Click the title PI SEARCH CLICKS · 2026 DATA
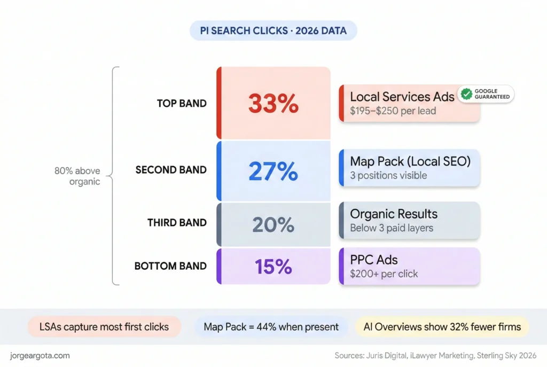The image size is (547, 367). point(273,30)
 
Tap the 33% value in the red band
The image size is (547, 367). point(273,104)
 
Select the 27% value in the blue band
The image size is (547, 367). point(273,171)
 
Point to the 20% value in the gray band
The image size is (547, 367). point(273,224)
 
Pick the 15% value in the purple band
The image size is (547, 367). point(273,267)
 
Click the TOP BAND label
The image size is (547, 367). point(182,104)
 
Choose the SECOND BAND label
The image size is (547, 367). point(171,170)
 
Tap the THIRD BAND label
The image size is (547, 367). point(177,223)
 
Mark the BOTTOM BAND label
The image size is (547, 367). point(170,266)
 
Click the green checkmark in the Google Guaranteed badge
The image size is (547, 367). point(466,94)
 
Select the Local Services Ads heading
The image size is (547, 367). point(402,97)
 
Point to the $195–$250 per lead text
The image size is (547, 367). point(393,111)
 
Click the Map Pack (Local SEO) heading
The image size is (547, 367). point(410,161)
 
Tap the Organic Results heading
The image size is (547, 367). point(394,214)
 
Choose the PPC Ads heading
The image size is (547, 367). point(373,260)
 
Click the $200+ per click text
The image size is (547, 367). point(384,274)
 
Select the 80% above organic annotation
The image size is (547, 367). point(77,176)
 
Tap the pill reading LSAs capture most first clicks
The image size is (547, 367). point(104,327)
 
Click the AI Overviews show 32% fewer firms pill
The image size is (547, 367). point(442,327)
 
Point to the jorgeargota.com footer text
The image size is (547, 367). point(40,356)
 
